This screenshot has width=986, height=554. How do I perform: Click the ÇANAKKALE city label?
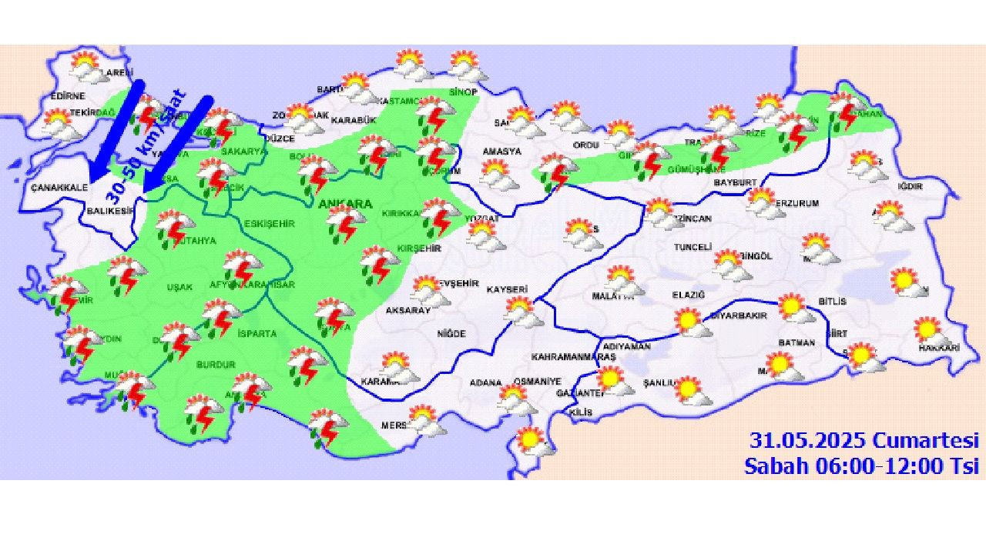[59, 187]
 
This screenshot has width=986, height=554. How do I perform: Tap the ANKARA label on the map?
[345, 205]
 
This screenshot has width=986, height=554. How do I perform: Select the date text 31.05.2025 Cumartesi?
[864, 440]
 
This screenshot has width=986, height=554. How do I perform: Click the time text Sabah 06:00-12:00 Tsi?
[861, 465]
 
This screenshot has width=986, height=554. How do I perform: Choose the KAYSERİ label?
[507, 289]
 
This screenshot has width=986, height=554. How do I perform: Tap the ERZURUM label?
[796, 203]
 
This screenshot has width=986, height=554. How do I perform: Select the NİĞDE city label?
[451, 334]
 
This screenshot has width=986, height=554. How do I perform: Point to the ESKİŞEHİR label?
[269, 223]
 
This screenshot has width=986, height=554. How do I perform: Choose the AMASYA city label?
[501, 151]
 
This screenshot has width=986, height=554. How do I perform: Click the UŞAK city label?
[179, 287]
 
